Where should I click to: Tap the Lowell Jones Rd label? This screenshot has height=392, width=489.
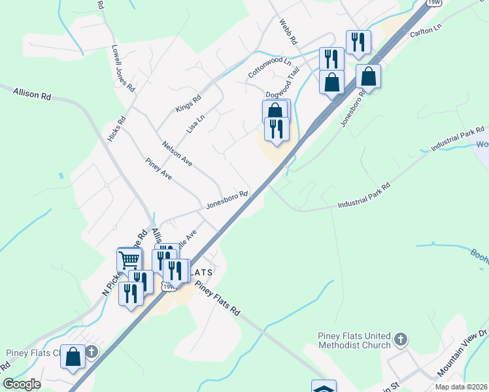point(123,69)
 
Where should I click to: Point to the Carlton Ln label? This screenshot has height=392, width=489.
point(426,31)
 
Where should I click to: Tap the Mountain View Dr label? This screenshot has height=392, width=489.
point(462,356)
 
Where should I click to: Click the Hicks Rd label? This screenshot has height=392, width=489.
point(115,128)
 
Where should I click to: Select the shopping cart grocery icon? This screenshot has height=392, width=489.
point(129,261)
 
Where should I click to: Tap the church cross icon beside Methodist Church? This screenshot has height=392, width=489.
point(401,340)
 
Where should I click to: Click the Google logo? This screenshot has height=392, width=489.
point(22,384)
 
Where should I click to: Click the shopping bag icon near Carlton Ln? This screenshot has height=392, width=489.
point(369,76)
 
